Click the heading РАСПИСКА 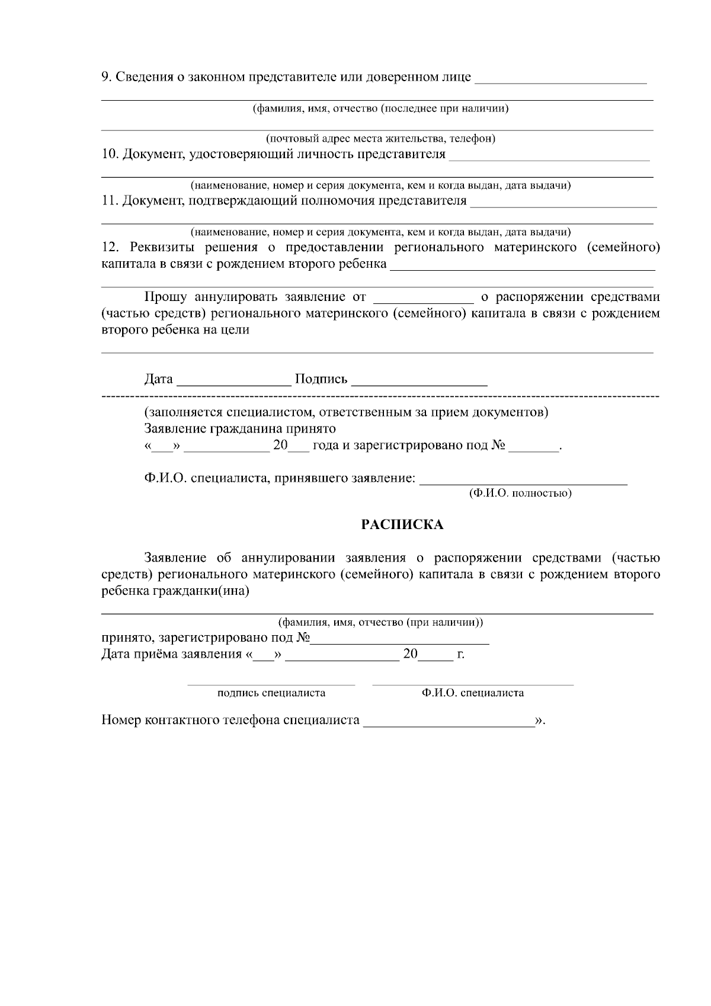pos(402,525)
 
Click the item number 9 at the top pos(105,77)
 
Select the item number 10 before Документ pos(109,155)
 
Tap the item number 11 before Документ pos(109,201)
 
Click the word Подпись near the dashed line pos(321,379)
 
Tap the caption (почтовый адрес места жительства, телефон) pos(380,139)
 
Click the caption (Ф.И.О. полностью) pos(520,493)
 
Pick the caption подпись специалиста pos(271,693)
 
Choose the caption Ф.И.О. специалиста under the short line pos(473,693)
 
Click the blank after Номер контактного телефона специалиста pos(449,722)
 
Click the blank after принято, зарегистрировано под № pos(401,639)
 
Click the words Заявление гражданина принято pos(239,428)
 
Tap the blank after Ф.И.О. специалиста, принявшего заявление pos(523,479)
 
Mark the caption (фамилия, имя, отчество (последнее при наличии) pos(381,108)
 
